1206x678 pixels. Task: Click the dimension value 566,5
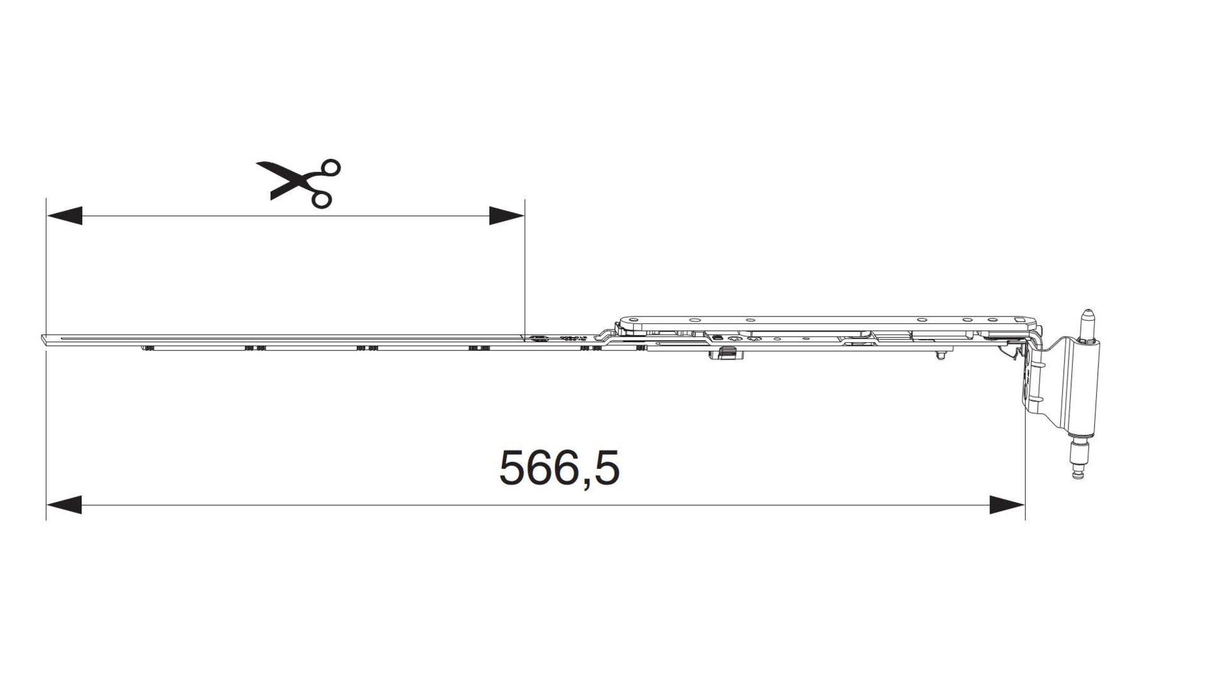tap(559, 469)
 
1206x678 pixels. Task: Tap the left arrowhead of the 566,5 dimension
tap(64, 504)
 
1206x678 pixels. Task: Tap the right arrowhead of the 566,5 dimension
tap(1007, 504)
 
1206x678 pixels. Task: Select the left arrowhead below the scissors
tap(64, 215)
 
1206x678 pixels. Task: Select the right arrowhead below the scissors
tap(507, 215)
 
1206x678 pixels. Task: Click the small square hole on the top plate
tap(1019, 320)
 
